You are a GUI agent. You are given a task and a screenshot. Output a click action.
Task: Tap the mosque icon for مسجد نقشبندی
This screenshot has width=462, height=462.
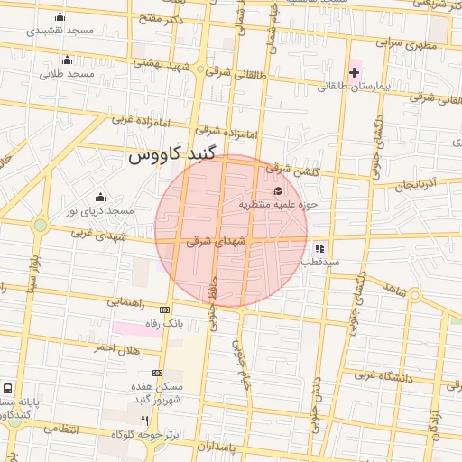pyautogui.click(x=60, y=16)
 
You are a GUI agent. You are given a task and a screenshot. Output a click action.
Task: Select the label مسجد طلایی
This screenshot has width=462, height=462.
pyautogui.click(x=67, y=74)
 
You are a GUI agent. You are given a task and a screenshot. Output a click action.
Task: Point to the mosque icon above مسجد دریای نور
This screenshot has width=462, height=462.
pyautogui.click(x=100, y=198)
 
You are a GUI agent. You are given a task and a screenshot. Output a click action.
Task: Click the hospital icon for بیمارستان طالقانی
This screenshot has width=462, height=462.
pyautogui.click(x=354, y=71)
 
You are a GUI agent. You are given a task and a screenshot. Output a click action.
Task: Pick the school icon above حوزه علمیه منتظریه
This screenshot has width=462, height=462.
pyautogui.click(x=278, y=191)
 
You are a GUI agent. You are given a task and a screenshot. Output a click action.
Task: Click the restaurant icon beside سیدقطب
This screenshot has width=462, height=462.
pyautogui.click(x=319, y=248)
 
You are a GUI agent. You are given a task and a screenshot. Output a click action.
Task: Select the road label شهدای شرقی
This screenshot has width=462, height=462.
pyautogui.click(x=216, y=242)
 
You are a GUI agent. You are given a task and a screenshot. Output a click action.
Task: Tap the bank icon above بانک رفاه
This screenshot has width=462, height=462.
pyautogui.click(x=163, y=310)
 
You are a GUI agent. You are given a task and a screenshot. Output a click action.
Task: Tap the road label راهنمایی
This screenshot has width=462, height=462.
pyautogui.click(x=125, y=303)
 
